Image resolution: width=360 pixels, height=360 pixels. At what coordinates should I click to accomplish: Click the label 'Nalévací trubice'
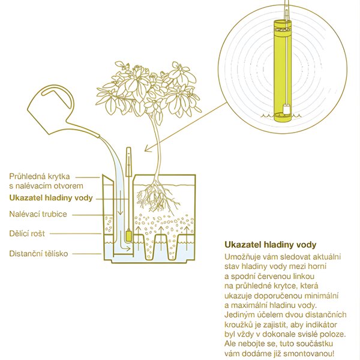38,214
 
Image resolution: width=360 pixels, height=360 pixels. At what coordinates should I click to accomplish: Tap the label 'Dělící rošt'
27,234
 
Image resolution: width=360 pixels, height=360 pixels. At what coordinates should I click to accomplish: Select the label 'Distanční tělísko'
38,254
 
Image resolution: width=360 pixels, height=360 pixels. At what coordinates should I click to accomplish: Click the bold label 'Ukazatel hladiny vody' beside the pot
51,198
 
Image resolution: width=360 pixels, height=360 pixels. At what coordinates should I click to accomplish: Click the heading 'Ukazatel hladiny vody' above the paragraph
271,245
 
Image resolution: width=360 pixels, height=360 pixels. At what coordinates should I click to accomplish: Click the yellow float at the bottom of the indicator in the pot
128,236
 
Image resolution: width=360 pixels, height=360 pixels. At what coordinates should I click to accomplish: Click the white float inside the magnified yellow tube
286,109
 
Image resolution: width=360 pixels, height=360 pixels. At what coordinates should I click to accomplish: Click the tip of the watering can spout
99,136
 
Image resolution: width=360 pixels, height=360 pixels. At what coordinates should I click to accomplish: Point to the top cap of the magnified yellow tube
283,23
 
